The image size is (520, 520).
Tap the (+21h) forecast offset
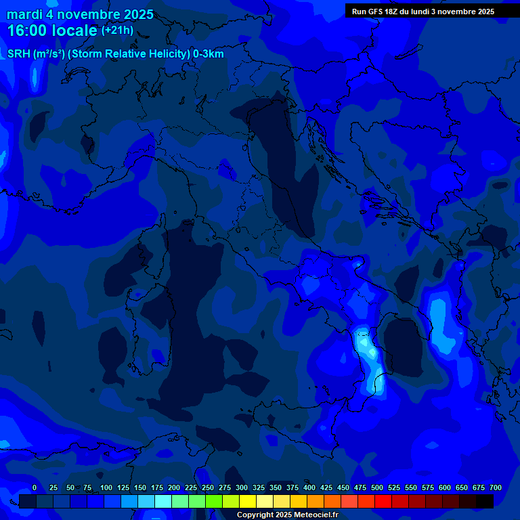[117, 30]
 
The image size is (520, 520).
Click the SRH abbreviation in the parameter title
[18, 54]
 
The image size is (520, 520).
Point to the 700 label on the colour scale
[495, 488]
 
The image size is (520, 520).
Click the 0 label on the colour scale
[35, 488]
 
